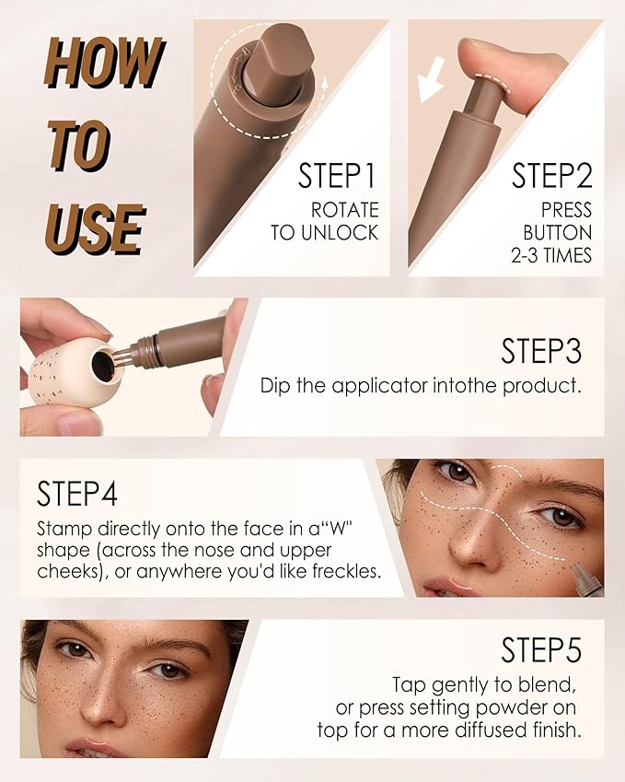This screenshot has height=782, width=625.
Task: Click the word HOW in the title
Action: tap(103, 64)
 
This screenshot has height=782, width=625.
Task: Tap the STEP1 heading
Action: tap(338, 175)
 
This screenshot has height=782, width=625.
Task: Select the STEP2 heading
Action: tap(552, 175)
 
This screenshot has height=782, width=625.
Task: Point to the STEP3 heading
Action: tap(541, 351)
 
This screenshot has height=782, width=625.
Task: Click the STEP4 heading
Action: tap(77, 494)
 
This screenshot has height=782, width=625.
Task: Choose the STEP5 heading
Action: tap(541, 650)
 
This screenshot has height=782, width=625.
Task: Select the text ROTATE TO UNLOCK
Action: tap(325, 221)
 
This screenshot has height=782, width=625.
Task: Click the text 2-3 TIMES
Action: tap(552, 255)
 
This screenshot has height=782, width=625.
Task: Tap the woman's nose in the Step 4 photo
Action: tap(474, 543)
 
